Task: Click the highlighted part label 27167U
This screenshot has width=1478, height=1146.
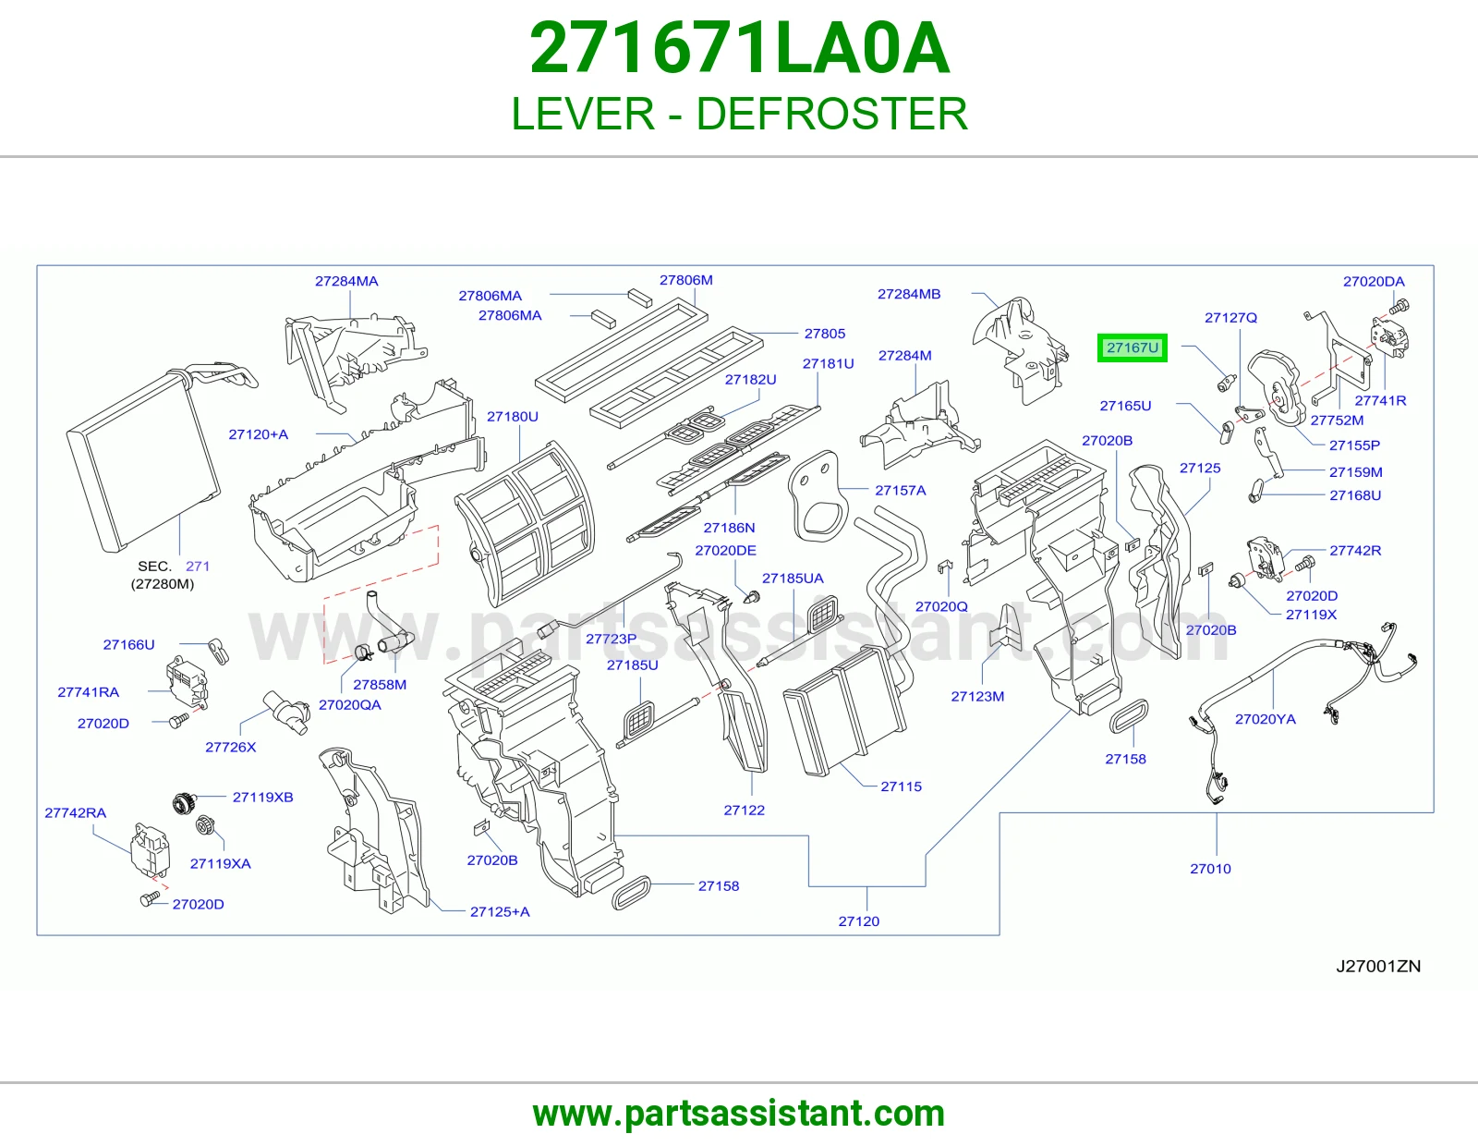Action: coord(1132,347)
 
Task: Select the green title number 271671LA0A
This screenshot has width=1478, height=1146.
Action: coord(739,49)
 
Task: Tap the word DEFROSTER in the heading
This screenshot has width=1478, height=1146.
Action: coord(831,114)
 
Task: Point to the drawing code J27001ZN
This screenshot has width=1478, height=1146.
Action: coord(1378,967)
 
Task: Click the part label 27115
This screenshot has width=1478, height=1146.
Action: coord(902,786)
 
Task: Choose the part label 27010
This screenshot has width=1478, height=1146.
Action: coord(1210,869)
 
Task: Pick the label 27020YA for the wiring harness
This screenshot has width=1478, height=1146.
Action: coord(1266,719)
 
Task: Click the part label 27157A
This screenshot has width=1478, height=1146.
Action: coord(900,491)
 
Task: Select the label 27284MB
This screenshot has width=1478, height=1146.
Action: coord(909,294)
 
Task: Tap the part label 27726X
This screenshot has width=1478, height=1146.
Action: coord(231,748)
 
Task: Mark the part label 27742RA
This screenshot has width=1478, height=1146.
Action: coord(76,812)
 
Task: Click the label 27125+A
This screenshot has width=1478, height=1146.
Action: coord(500,912)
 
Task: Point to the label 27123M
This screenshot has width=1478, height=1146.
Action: coord(977,696)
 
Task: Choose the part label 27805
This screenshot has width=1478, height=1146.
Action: coord(824,334)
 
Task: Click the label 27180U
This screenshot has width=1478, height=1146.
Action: coord(512,417)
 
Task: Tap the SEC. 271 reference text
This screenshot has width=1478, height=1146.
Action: coord(174,567)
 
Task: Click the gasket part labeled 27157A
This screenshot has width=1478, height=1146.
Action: coord(818,497)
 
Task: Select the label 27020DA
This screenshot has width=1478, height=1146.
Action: coord(1374,281)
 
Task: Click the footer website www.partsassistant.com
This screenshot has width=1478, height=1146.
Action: coord(739,1114)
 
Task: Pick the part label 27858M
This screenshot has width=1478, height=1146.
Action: coord(380,685)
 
